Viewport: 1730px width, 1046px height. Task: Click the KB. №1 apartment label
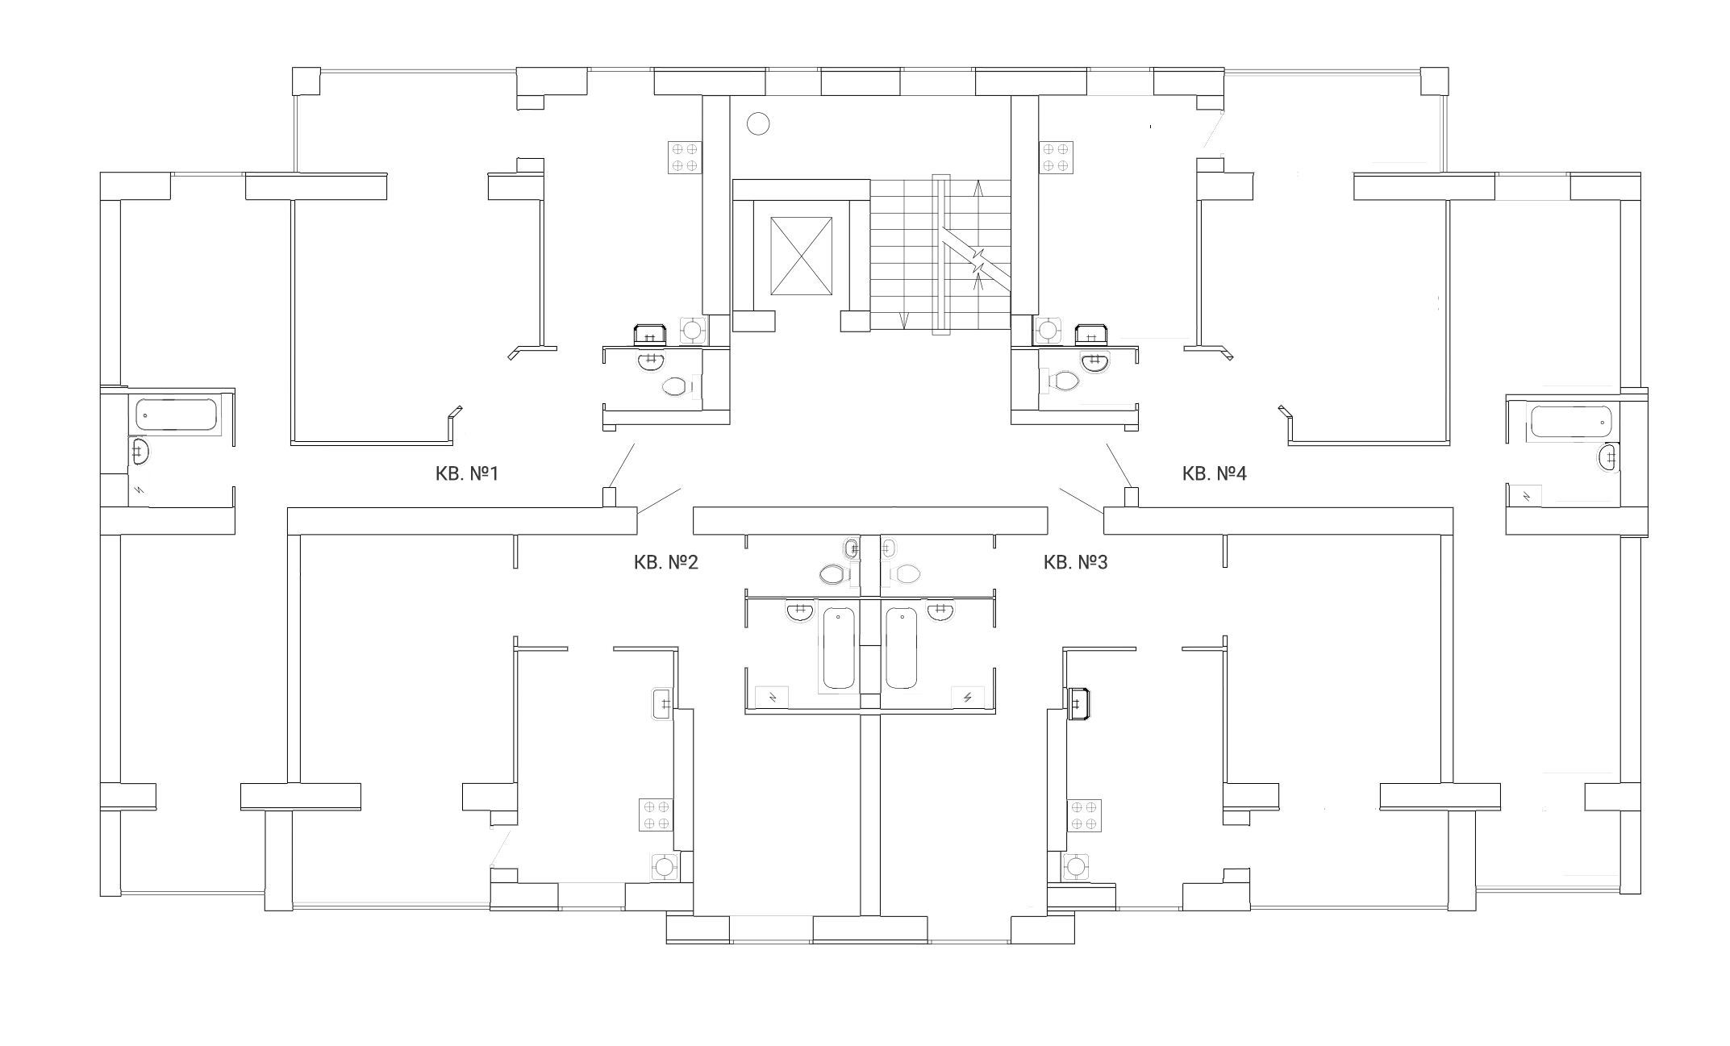467,473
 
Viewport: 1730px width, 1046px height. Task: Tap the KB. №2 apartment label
665,562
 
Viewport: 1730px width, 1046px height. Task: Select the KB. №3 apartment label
1075,562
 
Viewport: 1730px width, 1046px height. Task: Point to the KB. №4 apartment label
1214,473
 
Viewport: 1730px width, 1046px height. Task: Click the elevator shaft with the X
801,256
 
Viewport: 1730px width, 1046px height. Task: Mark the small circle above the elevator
758,123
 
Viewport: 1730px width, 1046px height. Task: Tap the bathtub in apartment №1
177,415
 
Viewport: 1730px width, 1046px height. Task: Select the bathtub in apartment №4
1570,422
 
